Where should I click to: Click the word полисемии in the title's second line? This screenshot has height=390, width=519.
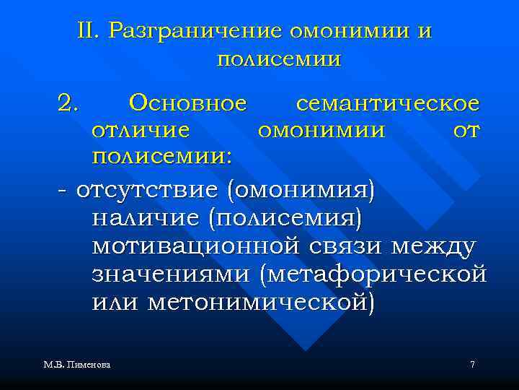pyautogui.click(x=278, y=58)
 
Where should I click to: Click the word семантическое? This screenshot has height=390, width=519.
pyautogui.click(x=387, y=104)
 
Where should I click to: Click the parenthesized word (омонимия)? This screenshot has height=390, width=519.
pyautogui.click(x=301, y=191)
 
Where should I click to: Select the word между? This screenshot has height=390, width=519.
pyautogui.click(x=432, y=247)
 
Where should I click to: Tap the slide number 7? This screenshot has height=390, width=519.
pyautogui.click(x=472, y=365)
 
